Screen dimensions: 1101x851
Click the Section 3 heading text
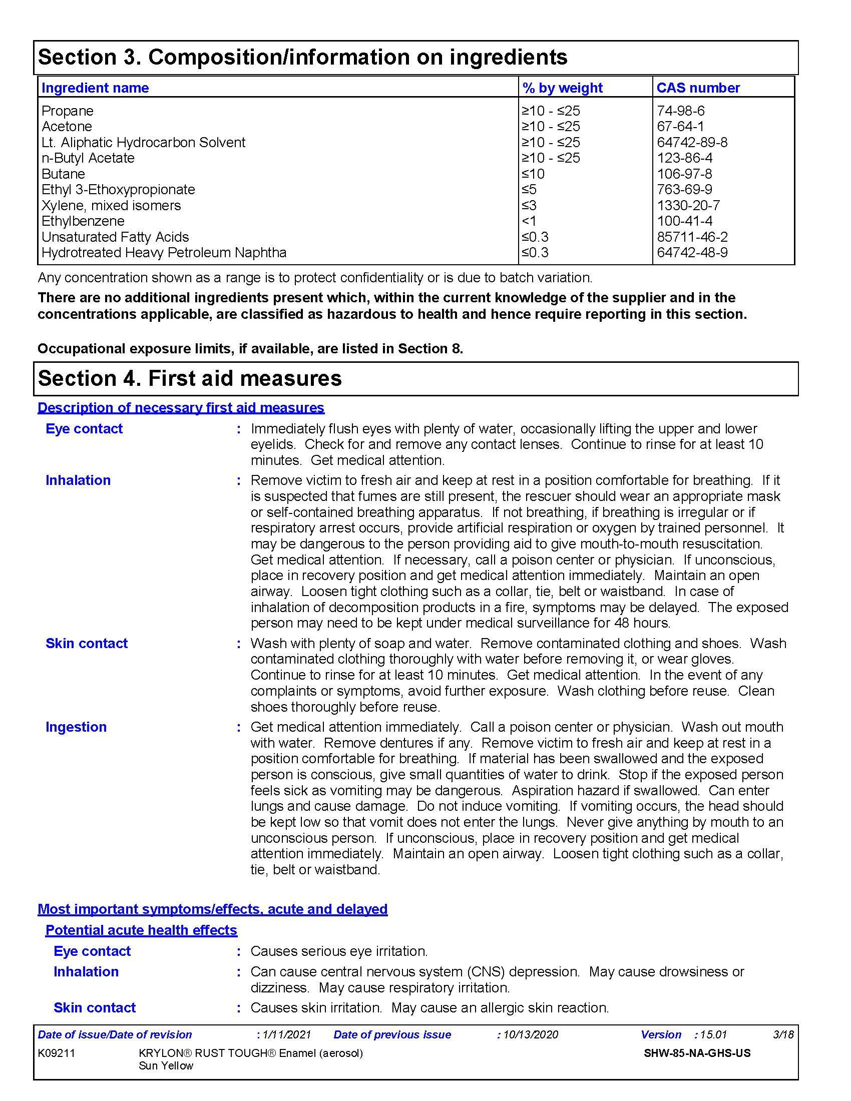tap(302, 57)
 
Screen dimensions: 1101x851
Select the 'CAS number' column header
tap(698, 88)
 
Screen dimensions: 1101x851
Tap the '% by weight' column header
tap(562, 88)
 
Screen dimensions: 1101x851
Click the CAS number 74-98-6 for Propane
tap(680, 111)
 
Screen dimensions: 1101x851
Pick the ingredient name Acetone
tap(67, 126)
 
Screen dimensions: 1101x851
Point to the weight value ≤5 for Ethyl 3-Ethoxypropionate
tap(529, 190)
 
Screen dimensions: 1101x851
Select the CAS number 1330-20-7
tap(688, 205)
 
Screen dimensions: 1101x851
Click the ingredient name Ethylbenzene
tap(83, 221)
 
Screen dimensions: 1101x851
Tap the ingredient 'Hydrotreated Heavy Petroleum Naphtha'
tap(164, 253)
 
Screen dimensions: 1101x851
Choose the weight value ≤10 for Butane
tap(533, 174)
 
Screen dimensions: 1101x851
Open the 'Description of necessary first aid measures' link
tap(181, 407)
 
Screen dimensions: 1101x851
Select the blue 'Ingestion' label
tap(76, 727)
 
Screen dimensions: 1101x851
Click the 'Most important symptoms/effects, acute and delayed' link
tap(212, 908)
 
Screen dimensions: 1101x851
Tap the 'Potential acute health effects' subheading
tap(141, 930)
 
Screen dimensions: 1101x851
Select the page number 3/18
tap(783, 1034)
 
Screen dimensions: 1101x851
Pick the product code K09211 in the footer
tap(57, 1052)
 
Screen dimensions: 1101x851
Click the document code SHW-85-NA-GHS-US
tap(697, 1052)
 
